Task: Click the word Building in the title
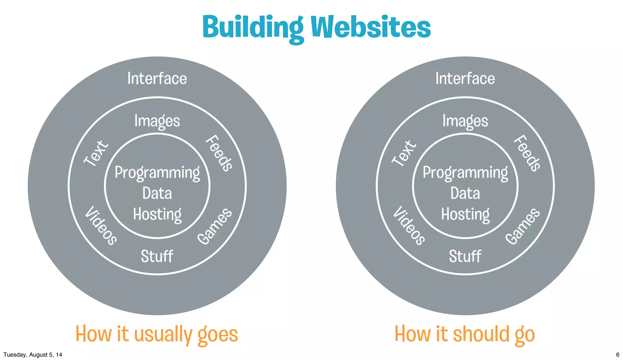pos(253,27)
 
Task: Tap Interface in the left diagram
pos(157,78)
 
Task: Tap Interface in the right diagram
pos(465,78)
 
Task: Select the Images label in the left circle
pos(157,121)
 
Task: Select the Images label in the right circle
pos(465,121)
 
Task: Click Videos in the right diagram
pos(409,225)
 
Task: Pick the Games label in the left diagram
pos(215,226)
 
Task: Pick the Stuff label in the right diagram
pos(465,256)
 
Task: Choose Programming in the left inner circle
pos(157,173)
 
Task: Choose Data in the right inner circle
pos(465,193)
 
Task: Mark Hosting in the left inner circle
pos(157,214)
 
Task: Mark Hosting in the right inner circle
pos(465,214)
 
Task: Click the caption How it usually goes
pos(157,334)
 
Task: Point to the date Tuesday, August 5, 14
pos(33,355)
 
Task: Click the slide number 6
pos(618,355)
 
